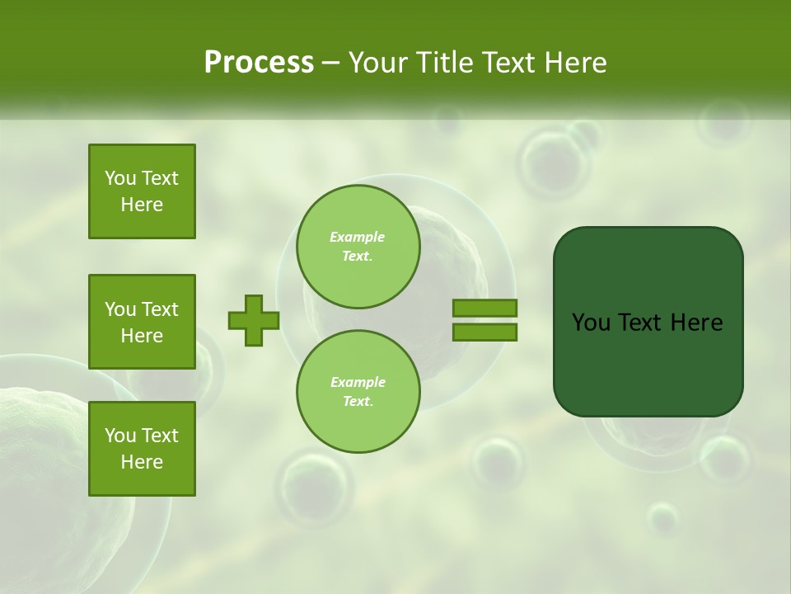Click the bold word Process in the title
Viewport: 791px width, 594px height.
259,63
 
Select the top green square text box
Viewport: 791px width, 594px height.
142,191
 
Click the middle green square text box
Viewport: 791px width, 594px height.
142,322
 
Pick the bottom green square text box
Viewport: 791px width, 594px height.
142,449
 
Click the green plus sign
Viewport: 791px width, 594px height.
254,320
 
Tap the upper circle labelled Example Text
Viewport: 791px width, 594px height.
358,247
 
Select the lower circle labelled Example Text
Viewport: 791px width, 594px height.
358,392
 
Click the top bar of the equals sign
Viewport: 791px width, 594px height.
484,309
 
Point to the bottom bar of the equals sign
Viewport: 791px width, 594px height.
484,332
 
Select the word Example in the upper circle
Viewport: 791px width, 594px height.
358,238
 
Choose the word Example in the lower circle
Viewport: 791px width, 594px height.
358,383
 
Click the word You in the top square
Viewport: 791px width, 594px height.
120,178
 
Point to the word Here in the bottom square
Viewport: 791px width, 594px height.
142,462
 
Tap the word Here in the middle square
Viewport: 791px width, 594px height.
142,336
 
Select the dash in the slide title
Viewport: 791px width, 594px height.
330,64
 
